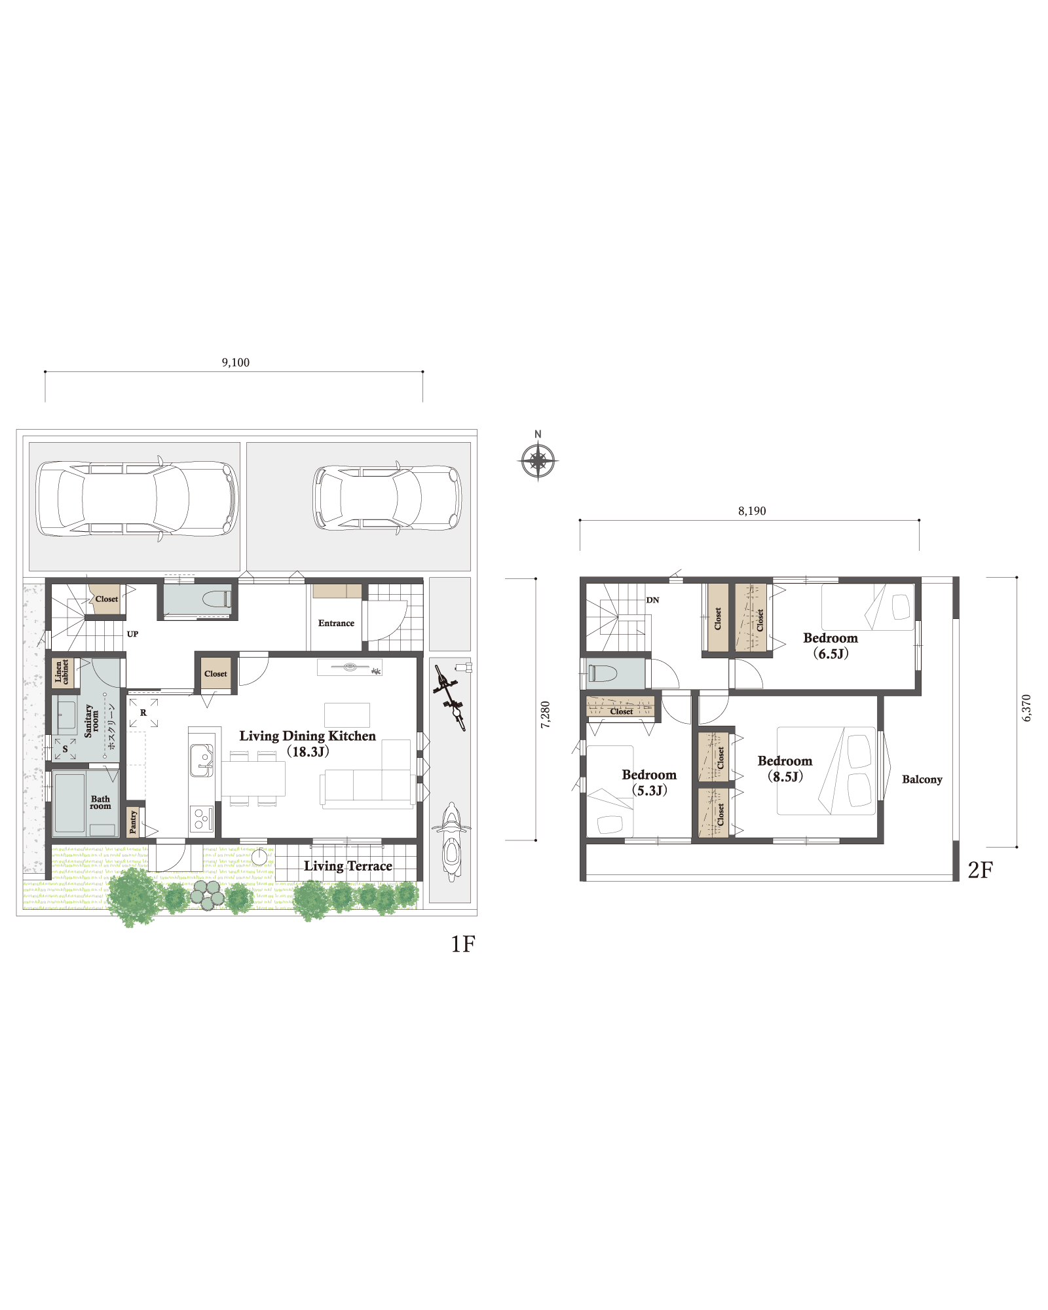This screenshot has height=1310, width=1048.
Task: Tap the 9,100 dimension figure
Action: coord(236,362)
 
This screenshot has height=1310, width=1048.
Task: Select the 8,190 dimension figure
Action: coord(752,511)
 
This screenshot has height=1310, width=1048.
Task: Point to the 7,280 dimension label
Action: coord(546,715)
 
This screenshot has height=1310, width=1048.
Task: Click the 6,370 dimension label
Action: coord(1026,708)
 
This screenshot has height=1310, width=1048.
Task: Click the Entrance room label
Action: coord(336,623)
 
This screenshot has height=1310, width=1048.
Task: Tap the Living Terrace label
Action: coord(348,866)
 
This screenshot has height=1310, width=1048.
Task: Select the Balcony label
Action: coord(922,779)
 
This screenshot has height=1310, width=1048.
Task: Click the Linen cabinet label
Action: coord(62,672)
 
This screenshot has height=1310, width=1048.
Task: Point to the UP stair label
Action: coord(132,634)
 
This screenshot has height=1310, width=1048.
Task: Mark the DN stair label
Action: coord(652,600)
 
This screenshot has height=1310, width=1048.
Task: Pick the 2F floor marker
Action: coord(981,870)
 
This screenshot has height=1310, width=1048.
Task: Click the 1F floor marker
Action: coord(463,944)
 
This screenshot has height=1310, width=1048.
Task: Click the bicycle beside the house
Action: coord(451,697)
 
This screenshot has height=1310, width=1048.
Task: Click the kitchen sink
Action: coord(201,760)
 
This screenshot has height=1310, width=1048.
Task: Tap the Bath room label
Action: coord(100,802)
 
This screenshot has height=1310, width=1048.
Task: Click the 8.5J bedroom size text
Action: coord(785,777)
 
